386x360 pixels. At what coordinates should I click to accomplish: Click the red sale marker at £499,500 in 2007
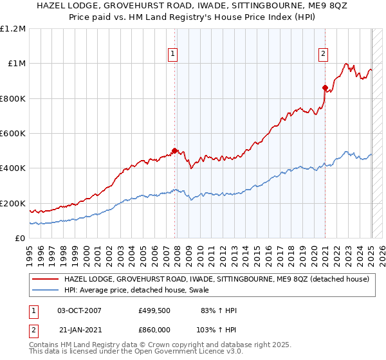tap(174, 151)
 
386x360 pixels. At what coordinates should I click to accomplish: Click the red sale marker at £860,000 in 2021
tap(326, 88)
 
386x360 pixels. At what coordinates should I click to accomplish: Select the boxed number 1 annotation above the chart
tap(174, 54)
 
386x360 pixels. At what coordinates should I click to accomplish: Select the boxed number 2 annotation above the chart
tap(323, 54)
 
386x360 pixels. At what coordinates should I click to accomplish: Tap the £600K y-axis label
tap(13, 134)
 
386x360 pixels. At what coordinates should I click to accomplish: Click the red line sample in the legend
tap(46, 280)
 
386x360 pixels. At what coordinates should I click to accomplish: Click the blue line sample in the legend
tap(46, 291)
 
